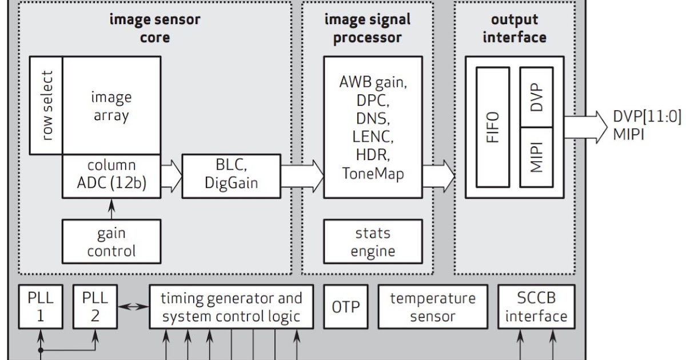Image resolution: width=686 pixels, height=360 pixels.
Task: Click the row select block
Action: pyautogui.click(x=45, y=105)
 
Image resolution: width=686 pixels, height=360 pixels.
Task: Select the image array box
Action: pyautogui.click(x=111, y=105)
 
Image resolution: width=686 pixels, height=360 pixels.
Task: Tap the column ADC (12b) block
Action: pyautogui.click(x=111, y=176)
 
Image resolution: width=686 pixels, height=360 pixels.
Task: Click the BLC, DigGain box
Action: pyautogui.click(x=231, y=176)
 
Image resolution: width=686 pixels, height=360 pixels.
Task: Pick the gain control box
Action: pyautogui.click(x=111, y=242)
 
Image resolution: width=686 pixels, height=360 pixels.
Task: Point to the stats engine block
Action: pyautogui.click(x=373, y=242)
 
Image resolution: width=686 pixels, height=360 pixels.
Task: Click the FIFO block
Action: pyautogui.click(x=492, y=127)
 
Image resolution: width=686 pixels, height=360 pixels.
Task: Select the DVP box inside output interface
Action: pyautogui.click(x=536, y=97)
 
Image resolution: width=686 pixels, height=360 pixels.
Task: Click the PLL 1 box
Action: pyautogui.click(x=40, y=307)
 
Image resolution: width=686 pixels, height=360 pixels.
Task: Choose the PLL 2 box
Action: pyautogui.click(x=94, y=307)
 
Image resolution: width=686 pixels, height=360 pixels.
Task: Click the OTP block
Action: pyautogui.click(x=346, y=307)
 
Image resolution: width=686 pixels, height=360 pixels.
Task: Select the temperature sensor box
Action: pyautogui.click(x=432, y=307)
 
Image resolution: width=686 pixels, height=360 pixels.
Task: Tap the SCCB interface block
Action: pyautogui.click(x=536, y=307)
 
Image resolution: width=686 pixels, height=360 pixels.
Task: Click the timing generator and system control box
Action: pyautogui.click(x=231, y=307)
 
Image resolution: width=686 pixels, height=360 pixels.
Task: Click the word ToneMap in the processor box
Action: pyautogui.click(x=373, y=173)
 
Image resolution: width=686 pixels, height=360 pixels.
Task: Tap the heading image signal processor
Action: pyautogui.click(x=368, y=29)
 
